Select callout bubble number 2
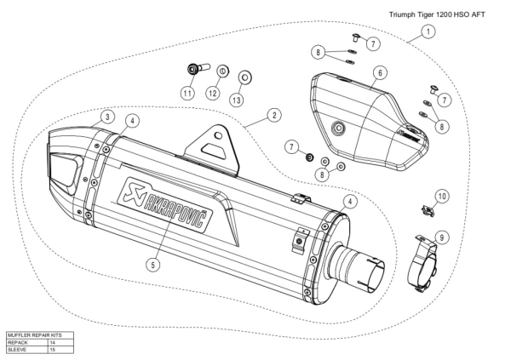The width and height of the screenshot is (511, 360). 274,114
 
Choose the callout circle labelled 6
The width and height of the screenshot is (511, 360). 381,73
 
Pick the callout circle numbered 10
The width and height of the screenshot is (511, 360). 441,196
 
